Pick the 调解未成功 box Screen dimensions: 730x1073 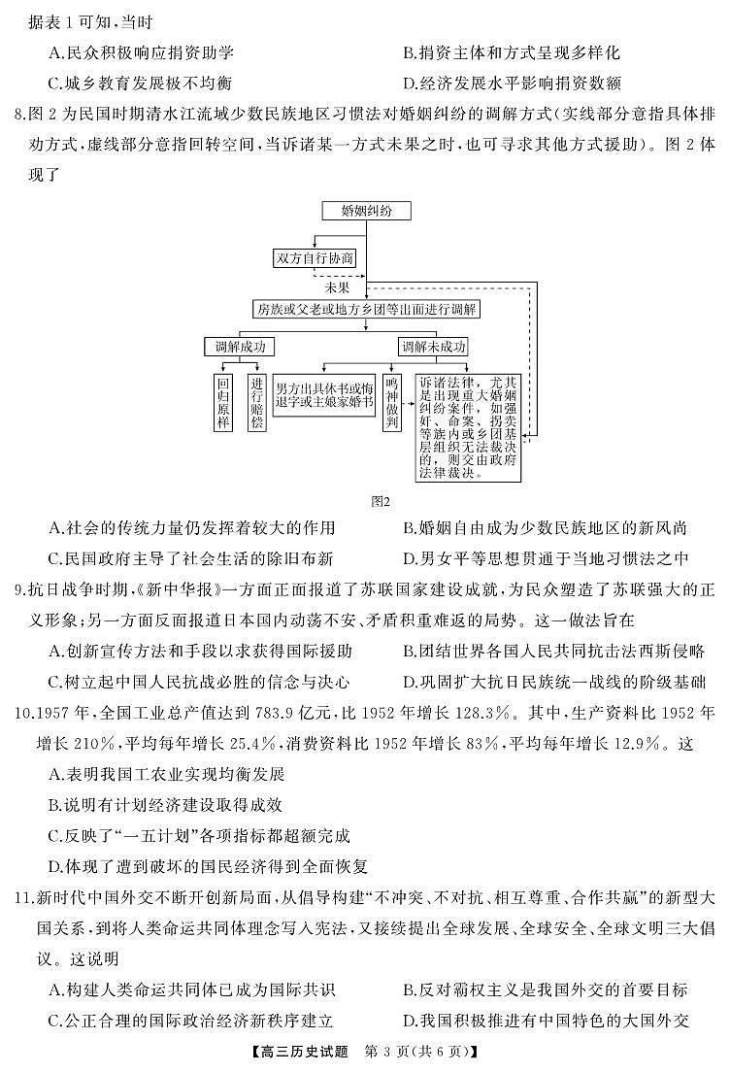(433, 347)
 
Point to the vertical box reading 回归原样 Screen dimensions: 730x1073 (223, 403)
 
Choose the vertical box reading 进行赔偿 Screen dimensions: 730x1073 (256, 403)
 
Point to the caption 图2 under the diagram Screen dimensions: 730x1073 (380, 501)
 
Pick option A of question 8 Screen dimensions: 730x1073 (191, 528)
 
